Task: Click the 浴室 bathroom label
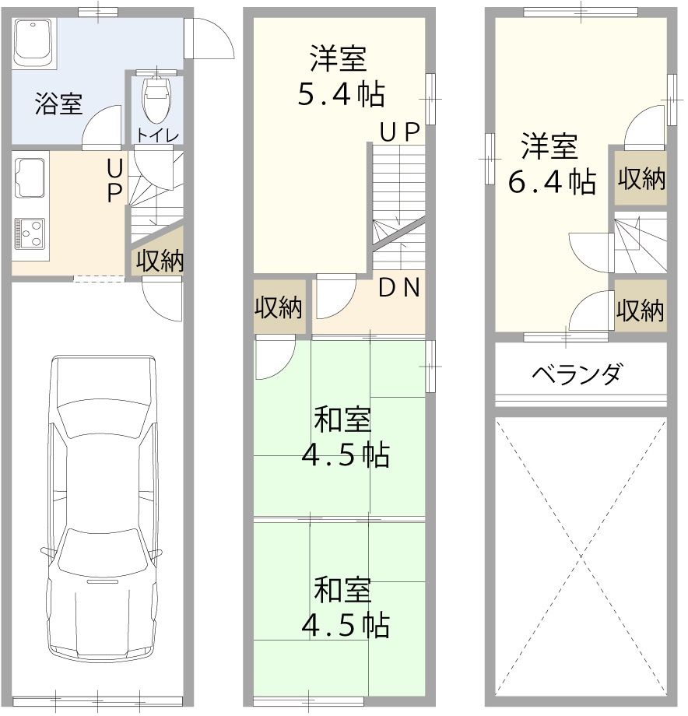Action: [x=58, y=104]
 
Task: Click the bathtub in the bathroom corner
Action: [x=33, y=44]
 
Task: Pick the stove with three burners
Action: [x=30, y=233]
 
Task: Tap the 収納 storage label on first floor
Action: [x=160, y=261]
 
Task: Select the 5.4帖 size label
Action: [x=341, y=94]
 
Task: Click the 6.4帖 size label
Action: [x=552, y=181]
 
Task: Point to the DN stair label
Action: [x=399, y=288]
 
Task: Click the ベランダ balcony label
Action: [x=577, y=374]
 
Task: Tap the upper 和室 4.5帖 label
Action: [x=342, y=437]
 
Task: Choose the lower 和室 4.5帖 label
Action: [x=342, y=607]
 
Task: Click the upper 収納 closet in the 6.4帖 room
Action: [x=641, y=179]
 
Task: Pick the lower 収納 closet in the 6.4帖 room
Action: [x=641, y=311]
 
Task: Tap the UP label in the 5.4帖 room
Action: [x=400, y=132]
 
